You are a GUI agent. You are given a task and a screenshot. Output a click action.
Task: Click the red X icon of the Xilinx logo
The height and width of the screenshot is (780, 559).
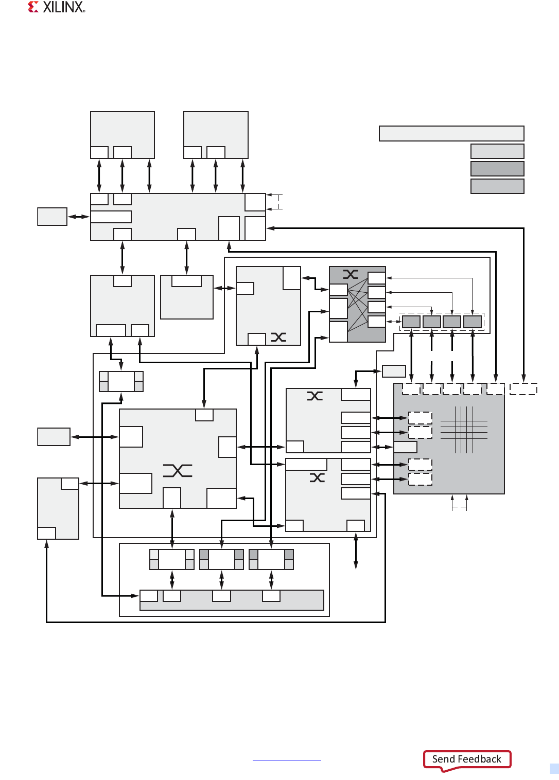[x=33, y=7]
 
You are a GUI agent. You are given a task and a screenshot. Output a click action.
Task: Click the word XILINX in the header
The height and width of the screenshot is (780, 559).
[x=63, y=7]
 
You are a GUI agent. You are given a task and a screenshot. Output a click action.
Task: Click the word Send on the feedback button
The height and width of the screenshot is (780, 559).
[x=443, y=759]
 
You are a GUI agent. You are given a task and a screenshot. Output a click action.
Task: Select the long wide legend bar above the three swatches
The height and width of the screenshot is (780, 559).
[x=451, y=133]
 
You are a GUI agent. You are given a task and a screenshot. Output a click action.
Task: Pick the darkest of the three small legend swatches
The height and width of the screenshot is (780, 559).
[x=497, y=169]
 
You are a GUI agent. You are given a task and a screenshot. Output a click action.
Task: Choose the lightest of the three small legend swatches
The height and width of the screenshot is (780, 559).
[x=497, y=151]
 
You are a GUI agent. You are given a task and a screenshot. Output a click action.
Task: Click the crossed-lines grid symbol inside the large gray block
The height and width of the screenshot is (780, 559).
[x=464, y=430]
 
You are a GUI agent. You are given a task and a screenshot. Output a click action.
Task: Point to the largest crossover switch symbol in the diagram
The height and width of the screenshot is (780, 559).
[x=178, y=470]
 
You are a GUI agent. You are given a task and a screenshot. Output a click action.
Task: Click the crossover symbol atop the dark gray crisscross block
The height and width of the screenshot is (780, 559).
[x=351, y=274]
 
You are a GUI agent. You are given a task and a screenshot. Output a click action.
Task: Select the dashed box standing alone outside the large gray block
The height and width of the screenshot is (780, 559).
[x=523, y=389]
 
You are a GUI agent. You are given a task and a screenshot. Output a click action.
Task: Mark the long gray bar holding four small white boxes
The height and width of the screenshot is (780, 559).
[x=232, y=600]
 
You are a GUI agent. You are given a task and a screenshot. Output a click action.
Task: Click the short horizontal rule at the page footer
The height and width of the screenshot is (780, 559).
[x=287, y=760]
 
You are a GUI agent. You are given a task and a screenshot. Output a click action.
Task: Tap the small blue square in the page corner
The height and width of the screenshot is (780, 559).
[x=554, y=768]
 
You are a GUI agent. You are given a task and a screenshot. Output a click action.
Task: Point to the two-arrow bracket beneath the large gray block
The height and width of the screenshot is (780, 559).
[x=459, y=503]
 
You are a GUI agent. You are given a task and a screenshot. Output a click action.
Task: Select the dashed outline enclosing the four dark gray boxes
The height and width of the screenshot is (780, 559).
[x=442, y=322]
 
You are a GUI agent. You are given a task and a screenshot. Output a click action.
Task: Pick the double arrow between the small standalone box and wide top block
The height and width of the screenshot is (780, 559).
[x=78, y=217]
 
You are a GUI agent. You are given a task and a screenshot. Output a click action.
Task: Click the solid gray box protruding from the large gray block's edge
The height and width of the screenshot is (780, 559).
[x=405, y=447]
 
